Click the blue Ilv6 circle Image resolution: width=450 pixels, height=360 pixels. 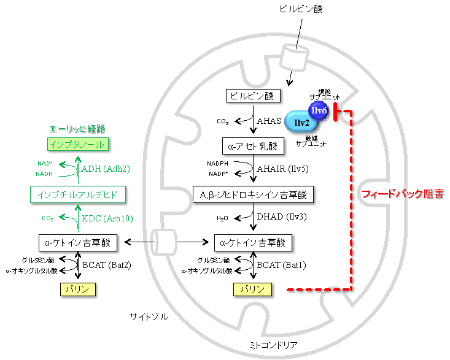(x=318, y=110)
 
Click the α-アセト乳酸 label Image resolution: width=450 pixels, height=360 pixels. (x=252, y=146)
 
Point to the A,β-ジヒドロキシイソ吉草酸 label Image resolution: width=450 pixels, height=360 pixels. (x=252, y=195)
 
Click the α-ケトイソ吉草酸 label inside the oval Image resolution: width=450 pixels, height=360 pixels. (x=252, y=243)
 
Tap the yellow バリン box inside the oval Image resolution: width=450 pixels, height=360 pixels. (x=252, y=289)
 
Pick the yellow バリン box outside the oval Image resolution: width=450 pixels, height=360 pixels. (x=78, y=289)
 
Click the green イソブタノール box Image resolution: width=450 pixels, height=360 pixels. (x=78, y=145)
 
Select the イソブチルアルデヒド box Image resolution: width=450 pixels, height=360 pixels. (x=78, y=195)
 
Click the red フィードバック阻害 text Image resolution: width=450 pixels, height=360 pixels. (x=402, y=194)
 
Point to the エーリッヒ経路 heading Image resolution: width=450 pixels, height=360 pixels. (x=77, y=129)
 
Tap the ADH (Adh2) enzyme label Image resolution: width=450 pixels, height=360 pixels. (x=106, y=169)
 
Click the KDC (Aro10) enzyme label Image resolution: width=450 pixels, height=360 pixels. (x=107, y=218)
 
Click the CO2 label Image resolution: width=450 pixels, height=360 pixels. (x=48, y=218)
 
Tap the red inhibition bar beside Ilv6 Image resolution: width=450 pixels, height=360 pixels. (x=335, y=112)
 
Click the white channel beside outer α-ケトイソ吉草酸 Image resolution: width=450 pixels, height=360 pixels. (x=164, y=242)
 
